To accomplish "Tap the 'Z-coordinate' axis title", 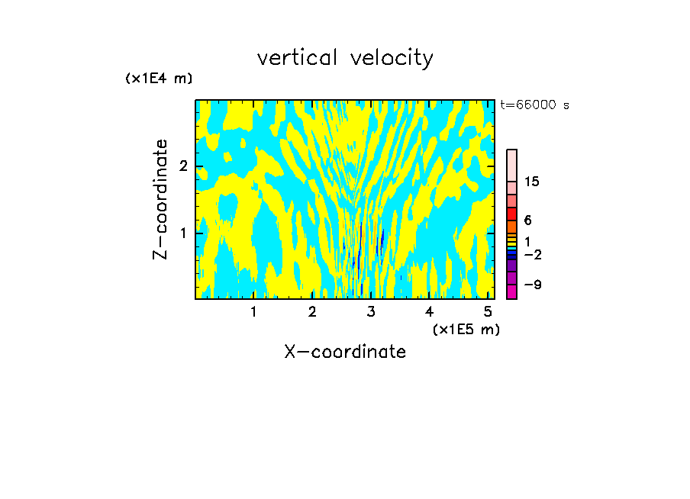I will tap(161, 199).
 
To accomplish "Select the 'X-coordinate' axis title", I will tap(345, 352).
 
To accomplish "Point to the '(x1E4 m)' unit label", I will tap(159, 79).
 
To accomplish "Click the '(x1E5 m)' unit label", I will tap(466, 329).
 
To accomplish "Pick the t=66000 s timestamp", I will tap(534, 105).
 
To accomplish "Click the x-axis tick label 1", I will tap(253, 311).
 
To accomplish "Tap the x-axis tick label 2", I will tap(312, 311).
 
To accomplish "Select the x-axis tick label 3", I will tap(371, 311).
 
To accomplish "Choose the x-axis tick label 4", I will tap(429, 311).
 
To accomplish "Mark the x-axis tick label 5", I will tap(488, 311).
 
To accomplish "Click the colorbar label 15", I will tap(532, 182).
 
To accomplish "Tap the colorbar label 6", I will tap(527, 220).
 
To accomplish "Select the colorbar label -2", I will tap(532, 254).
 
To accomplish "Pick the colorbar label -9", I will tap(532, 285).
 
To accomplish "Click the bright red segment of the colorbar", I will tap(511, 214).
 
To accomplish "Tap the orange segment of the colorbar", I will tap(511, 227).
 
